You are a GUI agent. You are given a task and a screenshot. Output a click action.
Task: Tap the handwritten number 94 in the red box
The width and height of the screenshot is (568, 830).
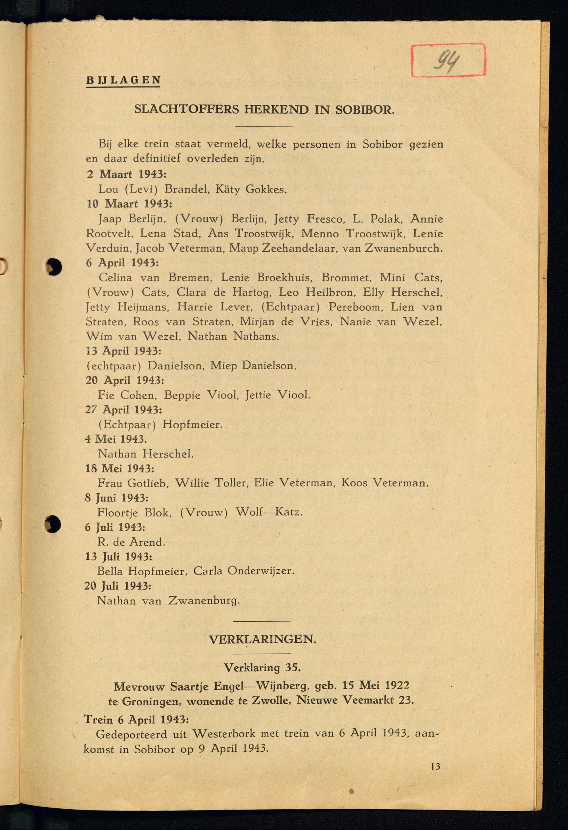pyautogui.click(x=446, y=61)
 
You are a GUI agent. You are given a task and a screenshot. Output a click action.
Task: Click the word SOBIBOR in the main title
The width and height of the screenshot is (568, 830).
pyautogui.click(x=364, y=110)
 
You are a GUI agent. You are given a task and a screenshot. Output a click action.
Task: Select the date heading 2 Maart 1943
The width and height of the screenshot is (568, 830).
pyautogui.click(x=127, y=174)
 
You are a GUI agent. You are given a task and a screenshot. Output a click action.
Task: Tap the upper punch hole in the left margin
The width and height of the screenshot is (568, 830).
pyautogui.click(x=54, y=266)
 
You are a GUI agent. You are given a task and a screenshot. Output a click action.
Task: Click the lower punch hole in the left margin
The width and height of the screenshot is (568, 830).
pyautogui.click(x=53, y=524)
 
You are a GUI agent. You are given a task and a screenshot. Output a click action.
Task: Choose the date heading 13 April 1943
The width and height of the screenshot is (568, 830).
pyautogui.click(x=124, y=351)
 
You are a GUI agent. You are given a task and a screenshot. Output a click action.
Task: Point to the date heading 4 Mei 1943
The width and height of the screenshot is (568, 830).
pyautogui.click(x=116, y=439)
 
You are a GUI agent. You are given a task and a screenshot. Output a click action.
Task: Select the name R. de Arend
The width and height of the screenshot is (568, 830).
pyautogui.click(x=131, y=542)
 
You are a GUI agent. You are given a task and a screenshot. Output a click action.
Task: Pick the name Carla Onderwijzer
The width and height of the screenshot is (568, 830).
pyautogui.click(x=244, y=571)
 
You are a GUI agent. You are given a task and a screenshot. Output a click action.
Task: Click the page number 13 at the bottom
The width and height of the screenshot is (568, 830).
pyautogui.click(x=435, y=766)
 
